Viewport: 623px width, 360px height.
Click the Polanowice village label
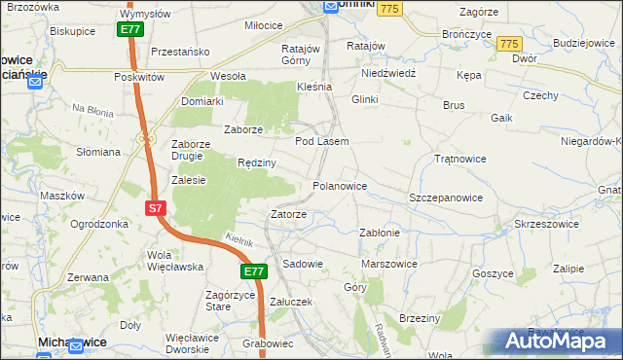pyautogui.click(x=339, y=185)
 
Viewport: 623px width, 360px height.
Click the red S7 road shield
pyautogui.click(x=156, y=208)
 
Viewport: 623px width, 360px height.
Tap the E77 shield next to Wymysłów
pyautogui.click(x=131, y=30)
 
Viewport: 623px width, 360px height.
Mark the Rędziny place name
pyautogui.click(x=257, y=162)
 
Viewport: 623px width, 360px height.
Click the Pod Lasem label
pyautogui.click(x=321, y=141)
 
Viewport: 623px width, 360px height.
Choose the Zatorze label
pyautogui.click(x=288, y=214)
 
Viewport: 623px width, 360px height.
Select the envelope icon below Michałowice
pyautogui.click(x=43, y=356)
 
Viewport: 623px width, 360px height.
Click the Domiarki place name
pyautogui.click(x=202, y=101)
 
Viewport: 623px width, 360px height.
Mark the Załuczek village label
pyautogui.click(x=290, y=302)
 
